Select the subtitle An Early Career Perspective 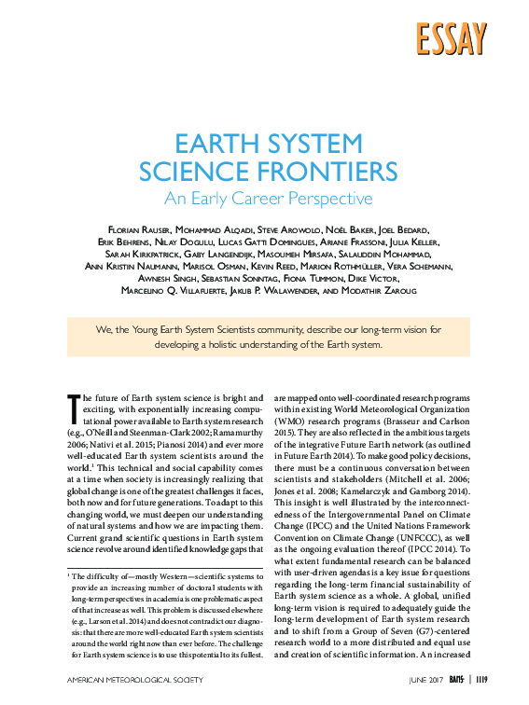pyautogui.click(x=268, y=199)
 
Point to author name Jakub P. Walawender pyautogui.click(x=292, y=290)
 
